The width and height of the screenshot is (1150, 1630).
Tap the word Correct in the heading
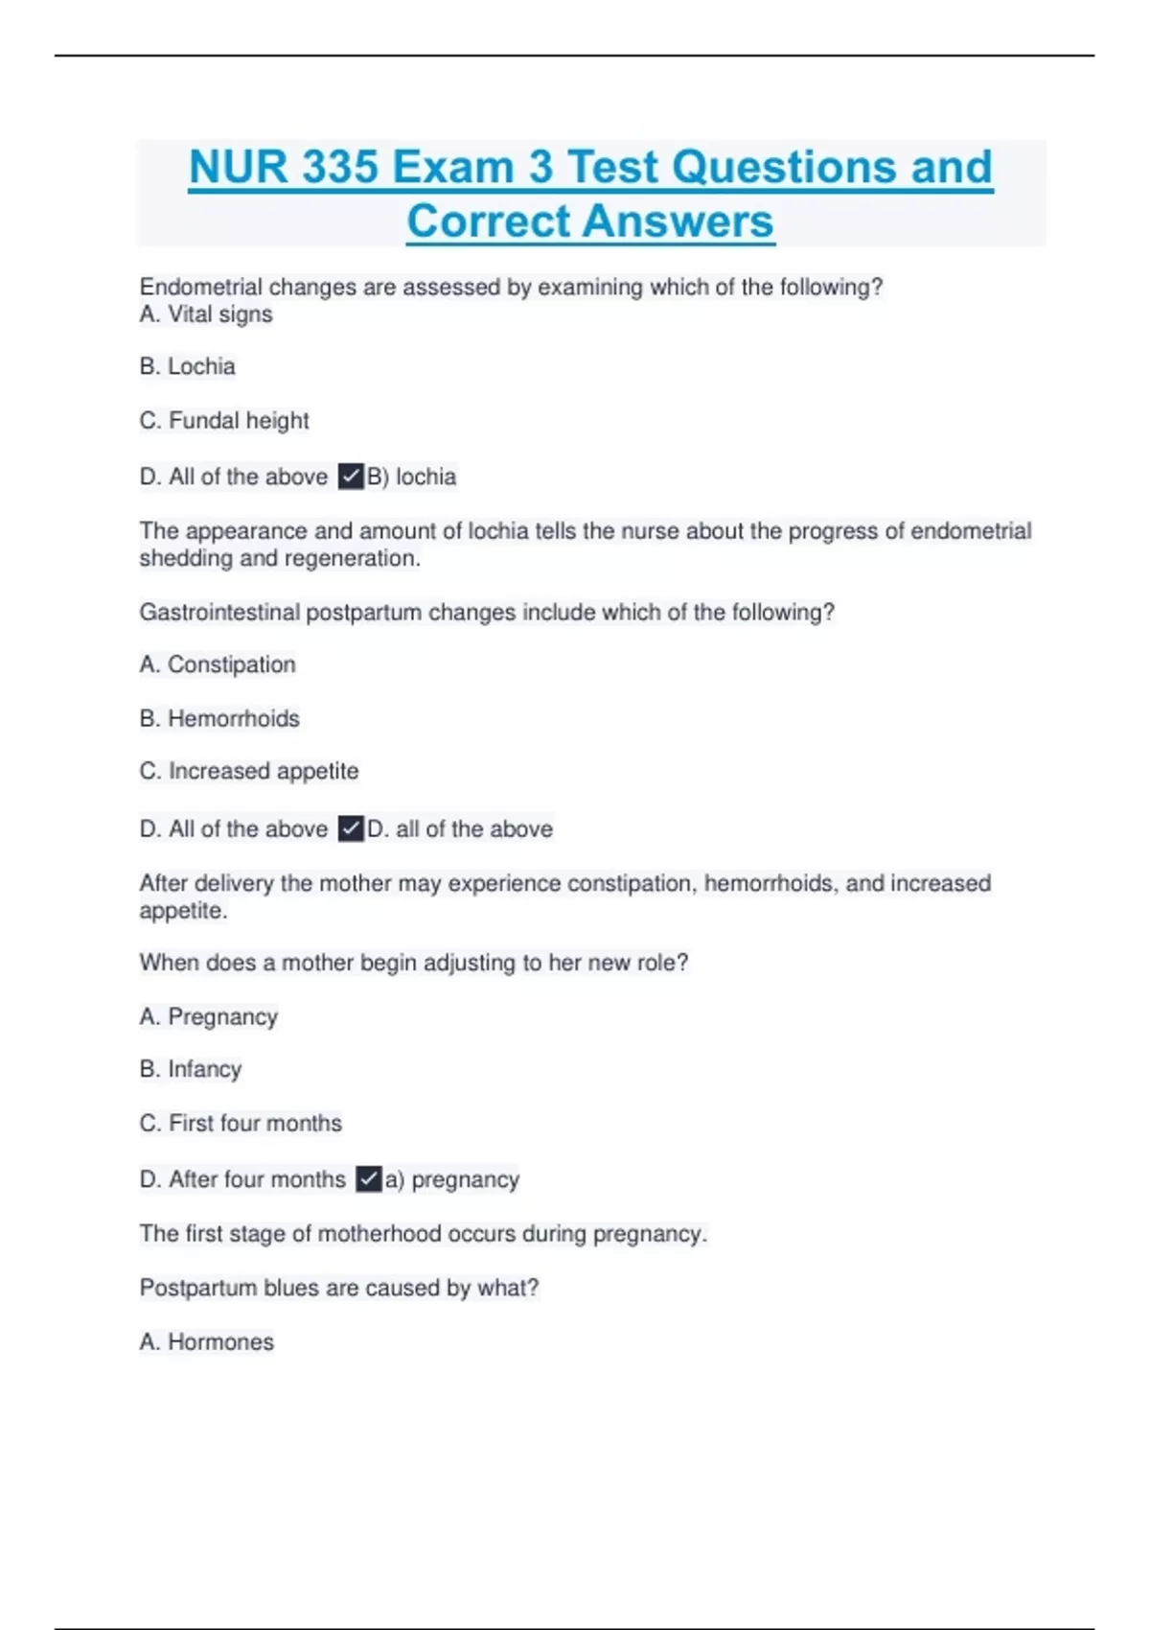point(489,221)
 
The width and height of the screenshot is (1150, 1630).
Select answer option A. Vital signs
point(206,314)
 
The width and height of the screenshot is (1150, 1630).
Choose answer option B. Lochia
point(188,366)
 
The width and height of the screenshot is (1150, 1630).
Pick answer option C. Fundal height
point(224,420)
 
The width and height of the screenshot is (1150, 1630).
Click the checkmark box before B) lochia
point(351,477)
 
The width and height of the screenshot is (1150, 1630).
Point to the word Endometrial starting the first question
point(200,287)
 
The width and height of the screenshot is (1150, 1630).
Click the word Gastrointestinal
point(219,612)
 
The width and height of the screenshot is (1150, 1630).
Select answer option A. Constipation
point(218,664)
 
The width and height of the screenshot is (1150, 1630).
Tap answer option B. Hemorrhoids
point(219,718)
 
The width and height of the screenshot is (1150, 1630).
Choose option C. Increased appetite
point(249,771)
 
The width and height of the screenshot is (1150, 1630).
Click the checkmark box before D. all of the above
point(351,828)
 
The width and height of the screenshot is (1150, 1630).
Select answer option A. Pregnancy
point(209,1016)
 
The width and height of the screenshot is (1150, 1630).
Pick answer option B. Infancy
point(191,1069)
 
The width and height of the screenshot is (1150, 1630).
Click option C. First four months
point(241,1123)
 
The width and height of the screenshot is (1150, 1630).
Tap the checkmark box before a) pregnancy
point(369,1178)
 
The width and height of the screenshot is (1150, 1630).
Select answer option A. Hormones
point(207,1341)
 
